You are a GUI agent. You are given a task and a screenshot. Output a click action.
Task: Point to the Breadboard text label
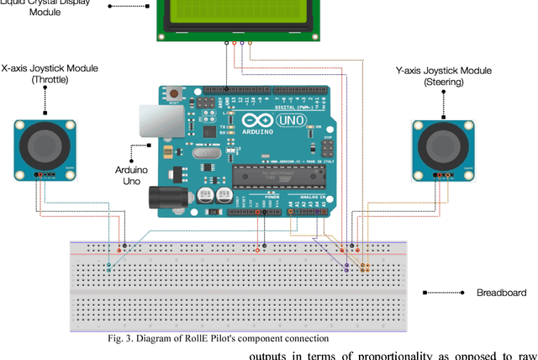(501, 293)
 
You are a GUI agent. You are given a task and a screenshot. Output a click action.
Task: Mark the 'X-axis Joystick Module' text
(50, 68)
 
